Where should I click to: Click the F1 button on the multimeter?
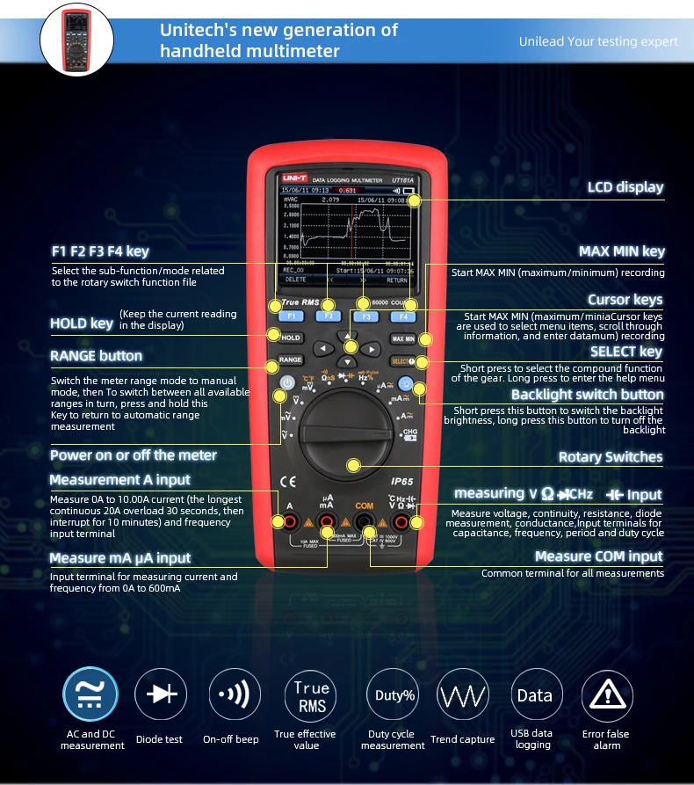[x=291, y=316]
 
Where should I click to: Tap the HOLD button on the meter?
[x=291, y=338]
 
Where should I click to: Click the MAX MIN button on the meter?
[x=403, y=338]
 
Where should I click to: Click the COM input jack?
[x=364, y=525]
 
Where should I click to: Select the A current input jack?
[x=289, y=524]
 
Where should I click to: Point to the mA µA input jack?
[x=326, y=525]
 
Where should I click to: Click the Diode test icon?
[x=160, y=694]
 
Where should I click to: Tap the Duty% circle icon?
[x=393, y=694]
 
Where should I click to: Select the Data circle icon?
[x=535, y=694]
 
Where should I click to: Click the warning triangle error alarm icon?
[x=606, y=694]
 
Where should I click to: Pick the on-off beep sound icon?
[x=235, y=694]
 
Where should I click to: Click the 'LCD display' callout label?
[x=625, y=186]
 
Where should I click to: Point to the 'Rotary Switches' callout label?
[x=611, y=456]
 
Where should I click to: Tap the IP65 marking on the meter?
[x=402, y=482]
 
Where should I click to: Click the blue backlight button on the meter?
[x=405, y=383]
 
